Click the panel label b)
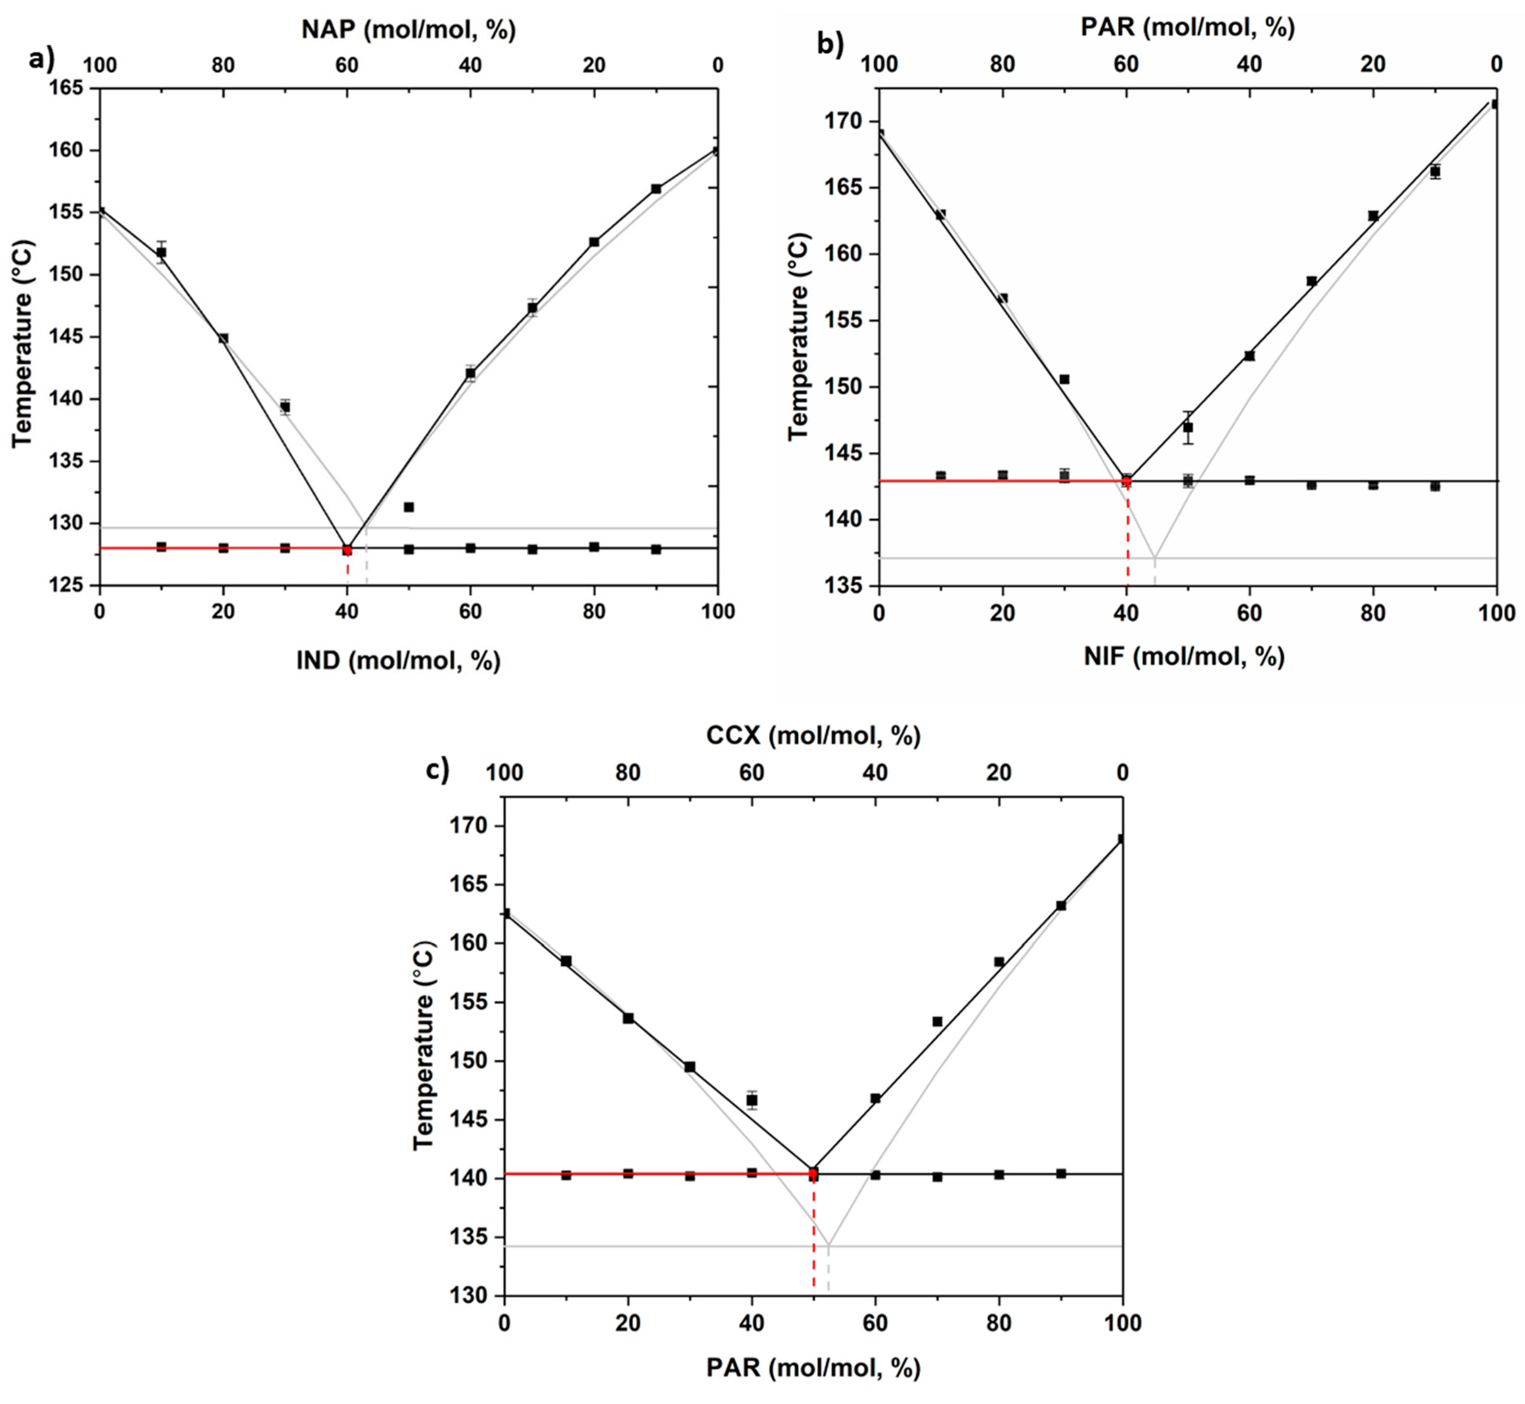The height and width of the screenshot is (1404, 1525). tap(830, 46)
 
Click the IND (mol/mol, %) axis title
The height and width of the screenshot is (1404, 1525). tap(398, 660)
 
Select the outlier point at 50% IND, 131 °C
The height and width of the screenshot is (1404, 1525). tap(409, 507)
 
